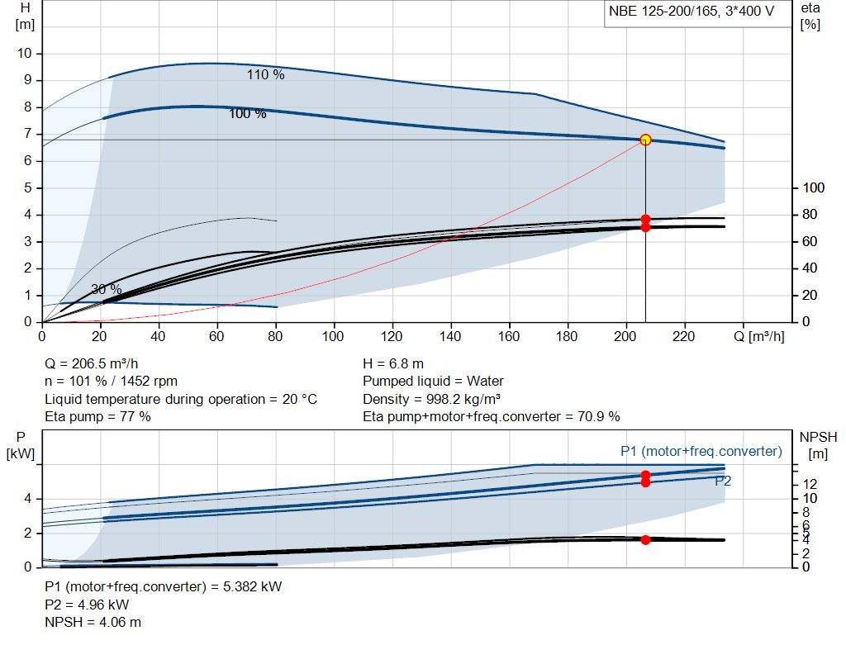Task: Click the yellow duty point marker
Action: coord(645,140)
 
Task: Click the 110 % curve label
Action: coord(265,75)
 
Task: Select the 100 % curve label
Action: coord(247,114)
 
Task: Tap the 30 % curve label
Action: coord(107,290)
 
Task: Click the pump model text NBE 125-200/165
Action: coord(663,12)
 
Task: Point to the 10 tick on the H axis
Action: coord(24,54)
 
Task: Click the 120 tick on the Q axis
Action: coord(391,336)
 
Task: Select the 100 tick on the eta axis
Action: coord(814,187)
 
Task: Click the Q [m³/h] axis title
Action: coord(758,336)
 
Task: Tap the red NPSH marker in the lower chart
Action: coord(645,540)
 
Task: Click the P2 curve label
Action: coord(723,481)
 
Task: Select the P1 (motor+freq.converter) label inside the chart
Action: coord(701,452)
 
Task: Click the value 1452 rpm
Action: coord(149,382)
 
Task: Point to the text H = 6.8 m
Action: coord(393,364)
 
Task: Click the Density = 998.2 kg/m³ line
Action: coord(431,399)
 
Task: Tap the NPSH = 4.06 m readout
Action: coord(93,623)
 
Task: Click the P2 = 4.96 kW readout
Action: coord(87,605)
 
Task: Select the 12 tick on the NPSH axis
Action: coord(810,484)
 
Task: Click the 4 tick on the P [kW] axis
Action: coord(27,499)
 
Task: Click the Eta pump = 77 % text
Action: coord(97,417)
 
